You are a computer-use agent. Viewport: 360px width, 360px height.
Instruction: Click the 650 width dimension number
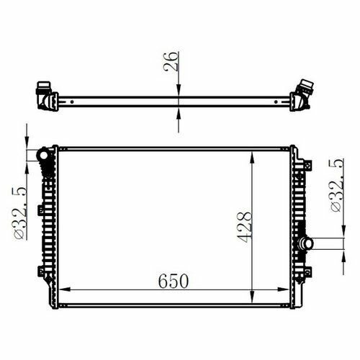tap(174, 281)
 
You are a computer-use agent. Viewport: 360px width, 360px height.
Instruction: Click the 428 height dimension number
tap(244, 228)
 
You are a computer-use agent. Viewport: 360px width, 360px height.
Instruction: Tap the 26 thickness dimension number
tap(171, 61)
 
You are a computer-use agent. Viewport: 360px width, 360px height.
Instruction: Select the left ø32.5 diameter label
tap(20, 212)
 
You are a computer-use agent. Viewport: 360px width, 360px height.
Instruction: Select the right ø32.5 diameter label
tap(337, 185)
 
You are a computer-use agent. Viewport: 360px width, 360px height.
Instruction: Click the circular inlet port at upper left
tap(44, 156)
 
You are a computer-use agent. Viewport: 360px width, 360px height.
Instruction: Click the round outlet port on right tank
tap(306, 243)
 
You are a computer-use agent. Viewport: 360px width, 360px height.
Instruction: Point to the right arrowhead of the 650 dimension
tap(283, 289)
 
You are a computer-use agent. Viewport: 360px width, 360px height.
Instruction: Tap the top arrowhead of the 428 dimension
tap(252, 158)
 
